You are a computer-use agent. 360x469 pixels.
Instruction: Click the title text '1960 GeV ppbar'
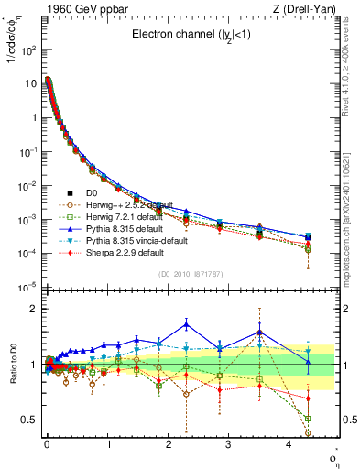point(78,9)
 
